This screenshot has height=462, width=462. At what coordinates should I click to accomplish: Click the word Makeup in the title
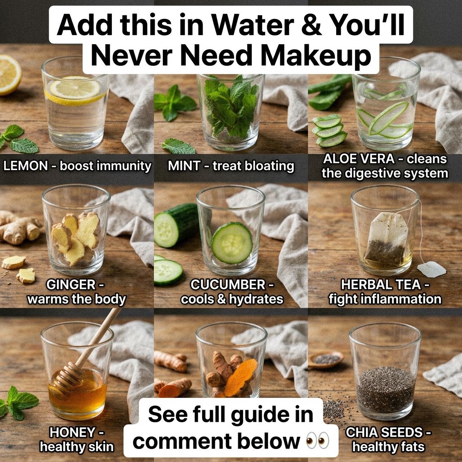pyautogui.click(x=315, y=55)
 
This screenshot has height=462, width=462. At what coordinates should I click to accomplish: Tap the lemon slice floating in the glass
pyautogui.click(x=75, y=90)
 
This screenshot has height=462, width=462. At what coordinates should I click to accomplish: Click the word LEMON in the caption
pyautogui.click(x=25, y=166)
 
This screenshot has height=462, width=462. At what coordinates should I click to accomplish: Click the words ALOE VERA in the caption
pyautogui.click(x=359, y=159)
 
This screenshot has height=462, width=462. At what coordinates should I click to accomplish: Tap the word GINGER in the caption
pyautogui.click(x=71, y=285)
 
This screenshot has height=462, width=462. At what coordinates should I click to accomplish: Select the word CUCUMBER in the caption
pyautogui.click(x=228, y=285)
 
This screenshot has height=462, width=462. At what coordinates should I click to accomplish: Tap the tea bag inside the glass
pyautogui.click(x=386, y=240)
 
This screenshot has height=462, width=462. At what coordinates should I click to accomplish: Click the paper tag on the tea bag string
pyautogui.click(x=431, y=269)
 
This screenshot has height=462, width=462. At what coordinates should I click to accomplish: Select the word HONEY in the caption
pyautogui.click(x=72, y=433)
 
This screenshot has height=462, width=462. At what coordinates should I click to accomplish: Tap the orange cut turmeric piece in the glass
pyautogui.click(x=240, y=378)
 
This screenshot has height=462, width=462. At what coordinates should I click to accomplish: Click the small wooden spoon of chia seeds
pyautogui.click(x=326, y=360)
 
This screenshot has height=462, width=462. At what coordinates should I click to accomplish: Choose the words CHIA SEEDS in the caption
pyautogui.click(x=384, y=433)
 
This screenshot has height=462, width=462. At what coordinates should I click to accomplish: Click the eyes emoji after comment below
pyautogui.click(x=317, y=441)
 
